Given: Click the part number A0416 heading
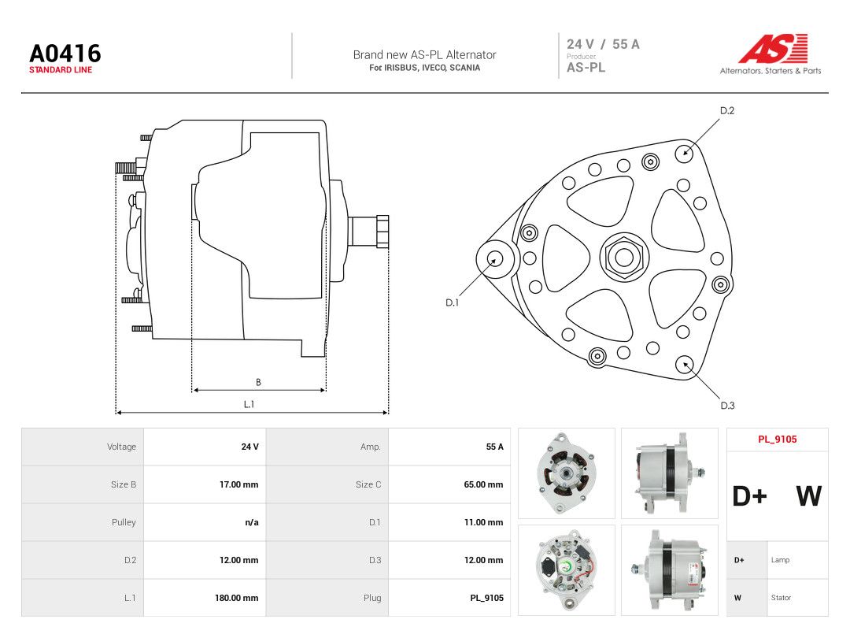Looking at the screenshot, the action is coord(65,54).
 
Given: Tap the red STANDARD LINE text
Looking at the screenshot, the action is coord(61,70).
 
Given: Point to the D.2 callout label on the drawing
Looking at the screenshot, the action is coord(727,111).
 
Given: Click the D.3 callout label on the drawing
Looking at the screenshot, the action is coord(727,406).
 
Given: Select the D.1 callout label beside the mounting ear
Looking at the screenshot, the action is coord(452,302).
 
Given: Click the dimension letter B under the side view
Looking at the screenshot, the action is coord(258,383).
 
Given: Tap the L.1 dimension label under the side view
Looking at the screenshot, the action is coord(249,404).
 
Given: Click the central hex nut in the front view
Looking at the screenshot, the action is coord(624,257).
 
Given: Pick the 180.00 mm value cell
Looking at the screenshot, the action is coord(236,598).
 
